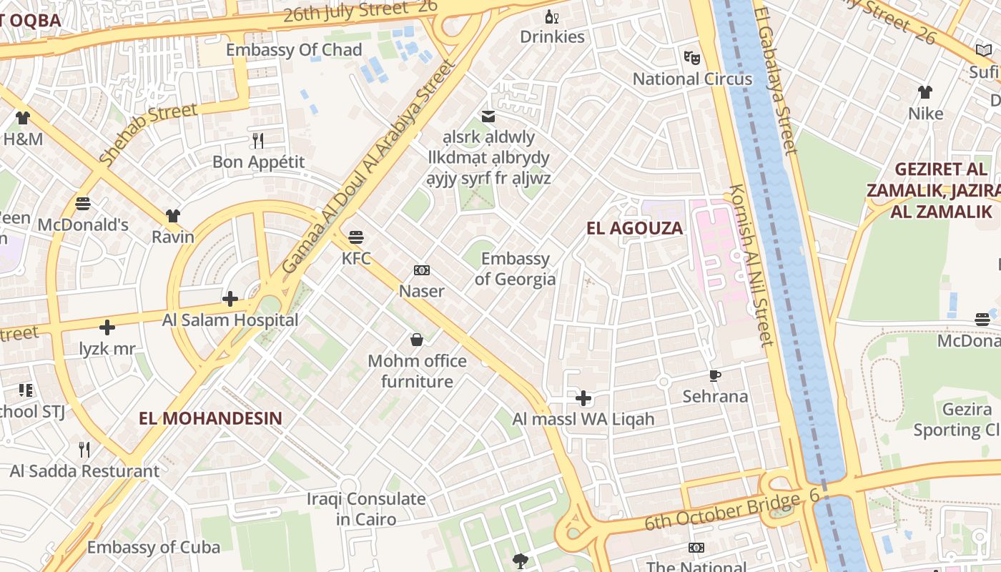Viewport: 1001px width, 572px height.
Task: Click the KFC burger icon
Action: pos(356,237)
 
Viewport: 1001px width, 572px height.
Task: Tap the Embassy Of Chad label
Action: pos(294,50)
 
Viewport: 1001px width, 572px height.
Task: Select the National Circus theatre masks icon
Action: pos(691,57)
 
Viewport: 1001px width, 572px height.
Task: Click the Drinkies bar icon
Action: pos(551,16)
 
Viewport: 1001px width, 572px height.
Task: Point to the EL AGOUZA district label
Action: pos(634,229)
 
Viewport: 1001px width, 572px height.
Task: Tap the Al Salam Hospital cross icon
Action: pos(230,299)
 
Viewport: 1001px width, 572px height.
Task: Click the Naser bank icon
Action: pos(422,270)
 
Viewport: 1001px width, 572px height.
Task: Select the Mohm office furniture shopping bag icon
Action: pos(416,340)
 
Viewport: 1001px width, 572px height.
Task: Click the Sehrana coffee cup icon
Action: pos(714,375)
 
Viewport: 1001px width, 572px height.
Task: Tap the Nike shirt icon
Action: pos(925,92)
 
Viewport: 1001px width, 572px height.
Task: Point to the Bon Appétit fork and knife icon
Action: pos(258,140)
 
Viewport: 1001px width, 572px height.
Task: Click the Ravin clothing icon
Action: pos(172,215)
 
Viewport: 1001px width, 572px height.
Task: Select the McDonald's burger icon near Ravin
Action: pos(83,203)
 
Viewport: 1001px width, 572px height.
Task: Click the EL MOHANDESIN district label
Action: pos(210,418)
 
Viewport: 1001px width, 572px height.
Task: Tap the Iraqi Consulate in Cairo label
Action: pos(366,509)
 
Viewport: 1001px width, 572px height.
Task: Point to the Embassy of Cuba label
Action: pos(154,548)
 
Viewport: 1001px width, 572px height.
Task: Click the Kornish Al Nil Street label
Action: pos(751,265)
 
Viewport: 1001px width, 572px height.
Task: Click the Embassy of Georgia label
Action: pos(515,269)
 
